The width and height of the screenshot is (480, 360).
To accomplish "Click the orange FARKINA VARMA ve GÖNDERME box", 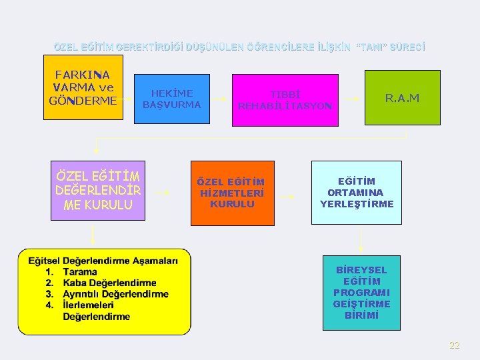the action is point(83,87).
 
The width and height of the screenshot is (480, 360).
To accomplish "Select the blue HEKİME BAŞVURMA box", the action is point(172,99).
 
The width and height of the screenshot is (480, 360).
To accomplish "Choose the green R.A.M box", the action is point(402,97).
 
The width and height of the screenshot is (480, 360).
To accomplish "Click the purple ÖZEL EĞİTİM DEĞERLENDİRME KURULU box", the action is point(98,191).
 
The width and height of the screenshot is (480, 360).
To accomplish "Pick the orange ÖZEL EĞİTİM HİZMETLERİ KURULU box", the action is point(232,193).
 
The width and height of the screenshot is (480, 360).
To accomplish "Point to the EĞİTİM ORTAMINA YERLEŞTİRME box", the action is point(357,193).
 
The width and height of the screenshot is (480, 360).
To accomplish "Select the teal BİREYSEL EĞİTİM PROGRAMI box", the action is point(361,293).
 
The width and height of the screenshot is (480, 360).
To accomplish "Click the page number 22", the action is point(455,345).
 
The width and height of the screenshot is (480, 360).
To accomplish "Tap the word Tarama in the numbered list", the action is point(79,272).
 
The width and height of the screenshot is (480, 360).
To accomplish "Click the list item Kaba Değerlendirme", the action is point(109,283).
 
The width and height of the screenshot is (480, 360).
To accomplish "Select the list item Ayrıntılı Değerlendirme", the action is point(115,294).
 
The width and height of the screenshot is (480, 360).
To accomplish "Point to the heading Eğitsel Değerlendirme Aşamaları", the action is point(103,261).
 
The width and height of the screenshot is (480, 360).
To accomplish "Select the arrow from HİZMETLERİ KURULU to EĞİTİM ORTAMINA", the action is point(287,197).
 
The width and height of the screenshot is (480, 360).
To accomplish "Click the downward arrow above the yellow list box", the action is point(93,234).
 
